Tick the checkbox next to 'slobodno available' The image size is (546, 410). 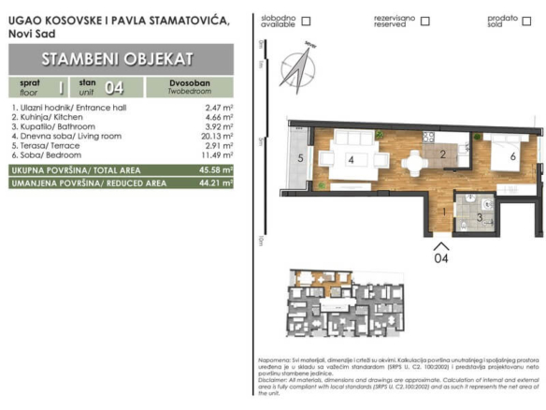tap(306, 21)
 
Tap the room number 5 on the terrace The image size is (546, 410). tap(300, 159)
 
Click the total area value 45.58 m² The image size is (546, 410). tap(216, 170)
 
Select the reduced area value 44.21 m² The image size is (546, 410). tap(216, 183)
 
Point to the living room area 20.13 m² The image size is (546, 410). tap(217, 136)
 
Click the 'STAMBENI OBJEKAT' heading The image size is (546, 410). tap(119, 58)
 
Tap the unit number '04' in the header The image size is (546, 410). tap(115, 89)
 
